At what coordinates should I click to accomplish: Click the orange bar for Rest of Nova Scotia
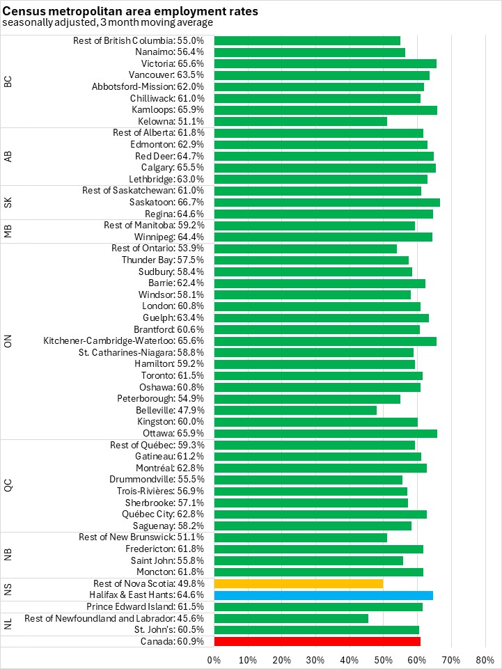click(x=299, y=583)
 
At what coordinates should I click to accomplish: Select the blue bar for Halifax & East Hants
click(x=324, y=595)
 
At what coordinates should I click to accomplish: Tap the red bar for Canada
click(x=317, y=641)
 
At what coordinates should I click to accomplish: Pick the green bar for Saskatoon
click(x=327, y=202)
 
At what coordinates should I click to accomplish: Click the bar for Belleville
click(x=295, y=410)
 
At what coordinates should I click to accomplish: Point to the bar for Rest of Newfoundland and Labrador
click(x=291, y=618)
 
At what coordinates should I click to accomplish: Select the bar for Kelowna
click(x=301, y=121)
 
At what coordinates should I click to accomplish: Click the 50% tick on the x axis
click(x=384, y=659)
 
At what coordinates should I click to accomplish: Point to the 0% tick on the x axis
click(x=214, y=659)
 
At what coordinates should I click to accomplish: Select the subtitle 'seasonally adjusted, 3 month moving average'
click(x=107, y=22)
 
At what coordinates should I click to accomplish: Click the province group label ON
click(x=8, y=340)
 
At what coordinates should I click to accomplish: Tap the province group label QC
click(x=8, y=485)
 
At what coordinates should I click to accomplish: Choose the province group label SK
click(x=8, y=202)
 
